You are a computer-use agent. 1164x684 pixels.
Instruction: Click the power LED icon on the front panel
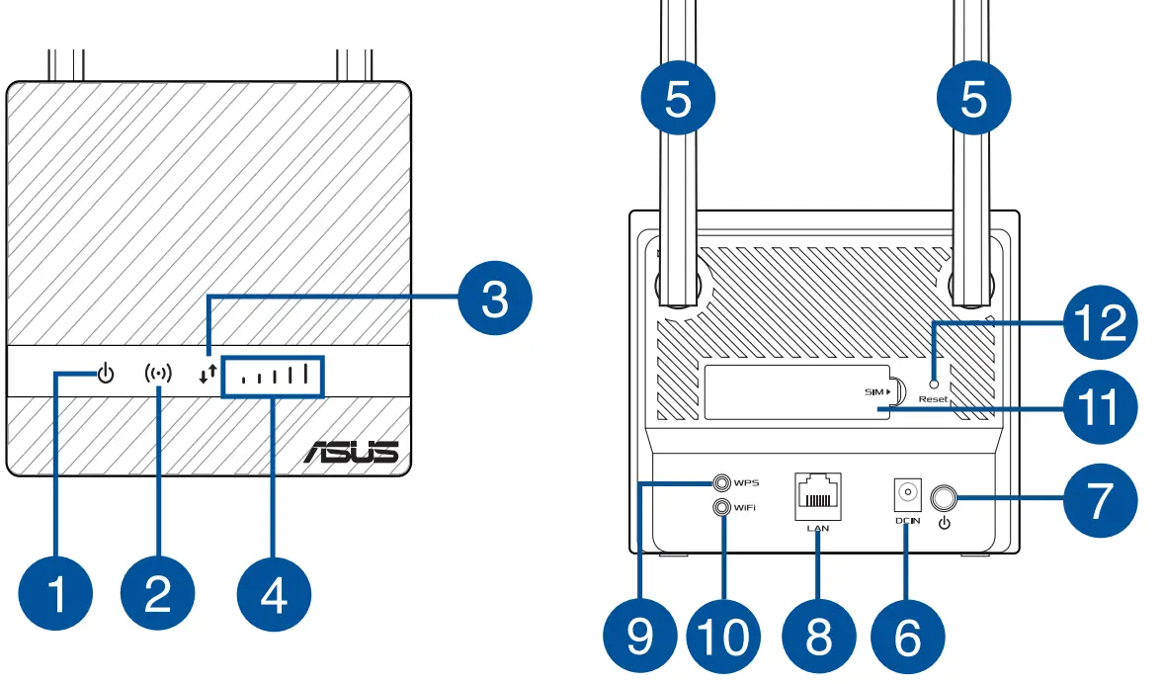(107, 375)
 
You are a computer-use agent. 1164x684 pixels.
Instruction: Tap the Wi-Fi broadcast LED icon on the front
(157, 375)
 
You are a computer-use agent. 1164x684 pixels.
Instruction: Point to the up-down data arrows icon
(206, 375)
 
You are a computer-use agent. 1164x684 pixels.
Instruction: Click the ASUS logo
(351, 453)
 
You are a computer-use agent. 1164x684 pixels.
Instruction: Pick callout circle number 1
(55, 595)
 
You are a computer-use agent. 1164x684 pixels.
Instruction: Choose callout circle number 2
(157, 595)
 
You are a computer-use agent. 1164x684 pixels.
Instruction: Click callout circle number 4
(274, 595)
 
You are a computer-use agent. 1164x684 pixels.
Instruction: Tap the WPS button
(722, 483)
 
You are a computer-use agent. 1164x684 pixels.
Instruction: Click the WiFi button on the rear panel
(722, 506)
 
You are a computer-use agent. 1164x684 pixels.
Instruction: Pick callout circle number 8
(818, 636)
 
